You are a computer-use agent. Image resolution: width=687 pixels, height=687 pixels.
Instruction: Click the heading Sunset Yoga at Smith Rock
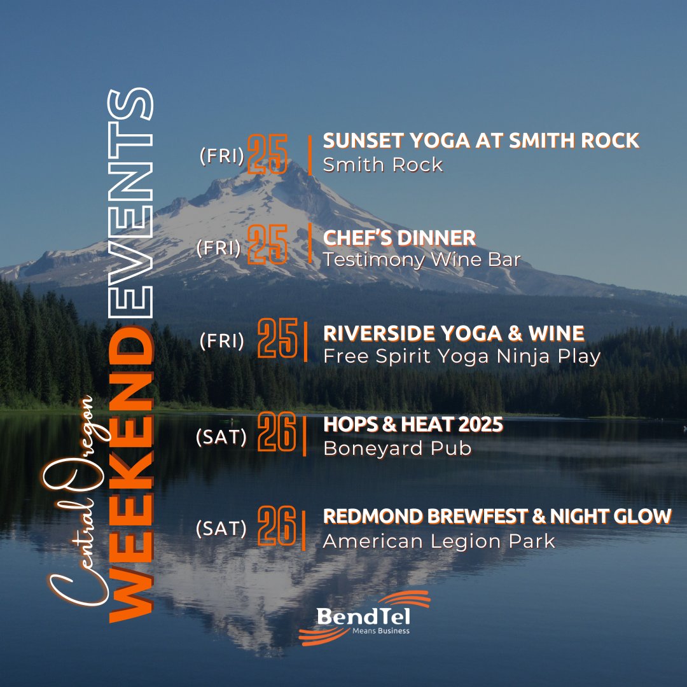point(481,141)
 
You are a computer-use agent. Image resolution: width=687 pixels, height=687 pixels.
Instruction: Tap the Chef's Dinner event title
point(399,238)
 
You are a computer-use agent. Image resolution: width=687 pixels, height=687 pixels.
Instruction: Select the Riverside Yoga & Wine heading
point(454,333)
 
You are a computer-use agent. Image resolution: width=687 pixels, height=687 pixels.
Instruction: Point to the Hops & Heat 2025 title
point(413,425)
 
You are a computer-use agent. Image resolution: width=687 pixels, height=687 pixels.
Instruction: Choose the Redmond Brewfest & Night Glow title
point(497,517)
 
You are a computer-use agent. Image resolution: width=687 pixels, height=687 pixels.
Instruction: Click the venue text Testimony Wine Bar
point(422,260)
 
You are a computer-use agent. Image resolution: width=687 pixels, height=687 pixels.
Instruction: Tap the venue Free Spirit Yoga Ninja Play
point(462,356)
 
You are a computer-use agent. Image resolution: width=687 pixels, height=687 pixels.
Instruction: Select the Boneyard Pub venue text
point(398,448)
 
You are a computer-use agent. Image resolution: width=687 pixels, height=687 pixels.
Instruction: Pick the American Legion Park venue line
point(439,541)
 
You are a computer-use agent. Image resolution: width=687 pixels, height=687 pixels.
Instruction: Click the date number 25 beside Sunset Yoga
point(267,154)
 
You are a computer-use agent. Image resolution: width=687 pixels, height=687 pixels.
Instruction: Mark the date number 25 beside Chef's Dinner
point(267,244)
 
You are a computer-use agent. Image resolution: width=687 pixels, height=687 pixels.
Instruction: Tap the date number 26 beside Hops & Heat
point(277,433)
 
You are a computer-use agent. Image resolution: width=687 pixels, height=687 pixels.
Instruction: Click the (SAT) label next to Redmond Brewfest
point(221,528)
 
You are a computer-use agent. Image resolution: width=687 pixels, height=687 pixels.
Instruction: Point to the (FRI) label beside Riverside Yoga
point(221,342)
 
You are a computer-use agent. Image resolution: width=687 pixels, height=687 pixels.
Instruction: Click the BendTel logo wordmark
point(364,616)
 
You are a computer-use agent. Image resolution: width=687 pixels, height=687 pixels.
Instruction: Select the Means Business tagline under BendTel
point(381,631)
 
